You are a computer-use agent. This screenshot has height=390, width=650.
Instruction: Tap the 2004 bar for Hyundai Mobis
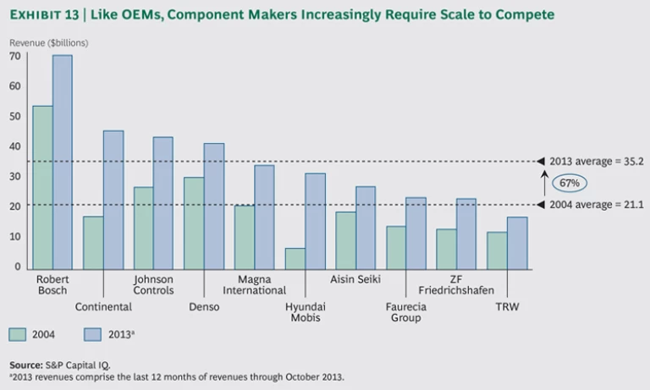295,259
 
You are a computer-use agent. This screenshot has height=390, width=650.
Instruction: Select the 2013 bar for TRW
517,244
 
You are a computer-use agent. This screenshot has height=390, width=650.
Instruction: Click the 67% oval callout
569,184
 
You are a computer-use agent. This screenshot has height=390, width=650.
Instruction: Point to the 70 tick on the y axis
14,56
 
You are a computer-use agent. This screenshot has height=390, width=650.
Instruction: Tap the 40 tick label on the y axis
14,146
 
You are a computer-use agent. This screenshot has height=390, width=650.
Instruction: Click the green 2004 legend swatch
19,333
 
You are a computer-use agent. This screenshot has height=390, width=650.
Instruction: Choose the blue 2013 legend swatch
94,333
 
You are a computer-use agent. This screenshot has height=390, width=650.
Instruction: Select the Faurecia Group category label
406,312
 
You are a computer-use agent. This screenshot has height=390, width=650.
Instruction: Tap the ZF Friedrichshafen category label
458,284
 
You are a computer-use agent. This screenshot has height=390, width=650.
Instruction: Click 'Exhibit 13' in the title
42,15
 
